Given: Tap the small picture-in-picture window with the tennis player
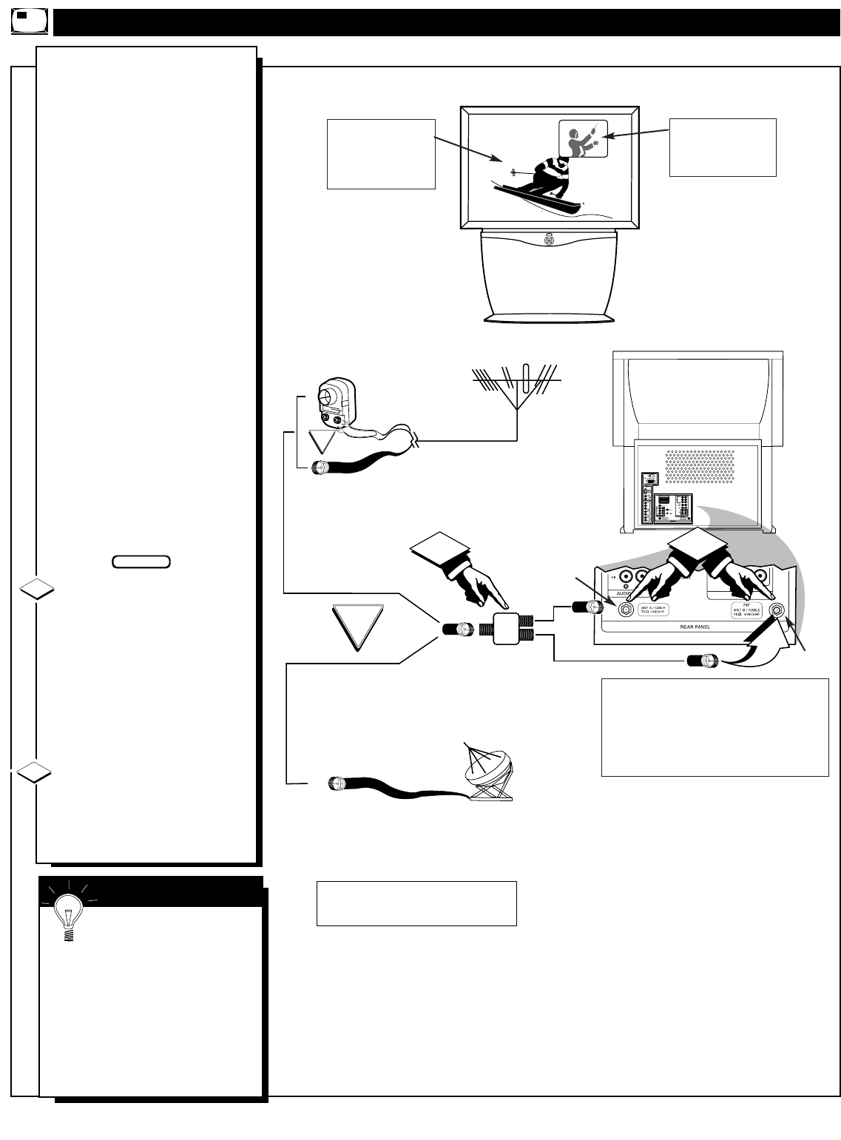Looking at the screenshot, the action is point(583,138).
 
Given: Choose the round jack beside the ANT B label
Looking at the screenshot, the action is point(778,610).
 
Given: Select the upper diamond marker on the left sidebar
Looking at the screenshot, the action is point(35,590).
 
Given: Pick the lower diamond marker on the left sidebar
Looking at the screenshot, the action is point(35,775).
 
